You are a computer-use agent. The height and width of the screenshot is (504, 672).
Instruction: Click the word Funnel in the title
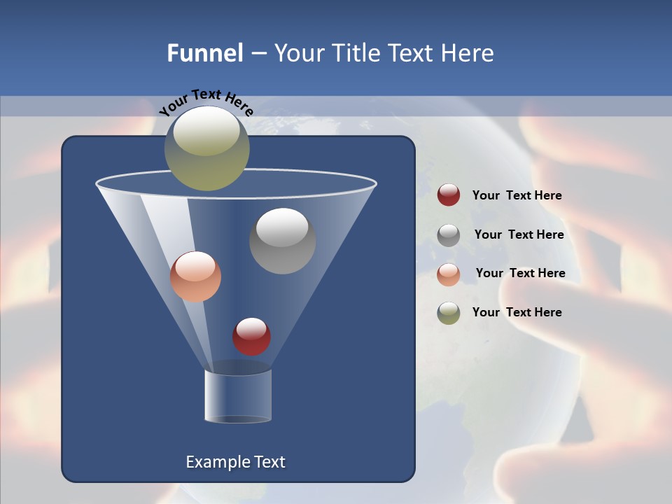pos(204,53)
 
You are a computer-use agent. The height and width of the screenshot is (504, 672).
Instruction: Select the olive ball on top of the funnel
pos(206,148)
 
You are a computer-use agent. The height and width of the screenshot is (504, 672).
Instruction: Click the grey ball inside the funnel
pos(282,241)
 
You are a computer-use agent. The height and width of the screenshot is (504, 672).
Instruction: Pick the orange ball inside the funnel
pos(195,277)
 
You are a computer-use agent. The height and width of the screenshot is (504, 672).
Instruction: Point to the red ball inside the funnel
pos(251,337)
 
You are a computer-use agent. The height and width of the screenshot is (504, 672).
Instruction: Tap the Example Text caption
pos(235,462)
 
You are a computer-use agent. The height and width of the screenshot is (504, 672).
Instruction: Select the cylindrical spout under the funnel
pos(237,397)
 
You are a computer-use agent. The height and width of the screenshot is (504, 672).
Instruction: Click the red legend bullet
pos(449,195)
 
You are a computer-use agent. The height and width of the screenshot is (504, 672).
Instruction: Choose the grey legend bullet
pos(449,235)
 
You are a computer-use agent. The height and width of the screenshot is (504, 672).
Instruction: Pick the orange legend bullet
pos(449,274)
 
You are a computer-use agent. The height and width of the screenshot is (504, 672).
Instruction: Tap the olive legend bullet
pos(449,313)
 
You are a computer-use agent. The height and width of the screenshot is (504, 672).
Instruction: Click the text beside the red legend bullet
pos(517,196)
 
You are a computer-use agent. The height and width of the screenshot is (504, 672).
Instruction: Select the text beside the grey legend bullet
pos(519,235)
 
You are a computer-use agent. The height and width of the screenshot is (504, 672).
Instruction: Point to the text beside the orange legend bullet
pos(520,274)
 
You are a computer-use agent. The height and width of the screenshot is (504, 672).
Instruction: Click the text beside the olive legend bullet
pos(517,313)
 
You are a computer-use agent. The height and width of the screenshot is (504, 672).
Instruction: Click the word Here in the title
pos(468,53)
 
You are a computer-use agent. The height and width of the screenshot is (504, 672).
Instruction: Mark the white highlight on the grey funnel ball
pos(282,227)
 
